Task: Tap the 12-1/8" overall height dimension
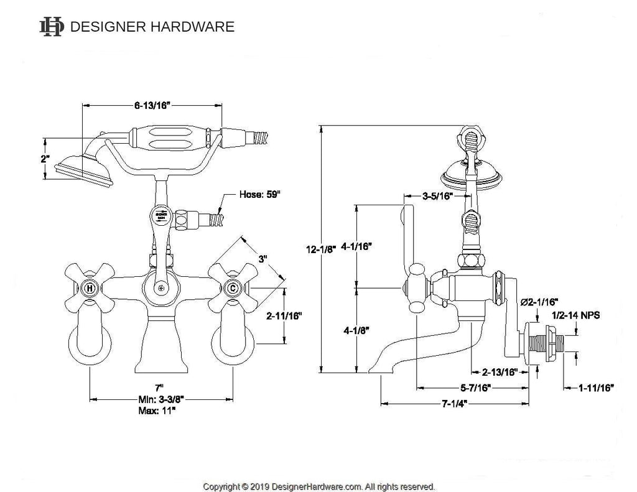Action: [322, 248]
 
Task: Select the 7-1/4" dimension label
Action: [455, 404]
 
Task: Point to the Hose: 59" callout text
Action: [260, 194]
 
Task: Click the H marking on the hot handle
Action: [90, 289]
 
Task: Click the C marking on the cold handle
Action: [232, 289]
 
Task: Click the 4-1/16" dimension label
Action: [357, 246]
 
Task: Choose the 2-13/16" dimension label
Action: [500, 373]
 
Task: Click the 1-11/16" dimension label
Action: [596, 388]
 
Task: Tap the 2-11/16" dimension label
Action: [284, 316]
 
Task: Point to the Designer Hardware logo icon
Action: [52, 26]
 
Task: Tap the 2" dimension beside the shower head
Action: [44, 159]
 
